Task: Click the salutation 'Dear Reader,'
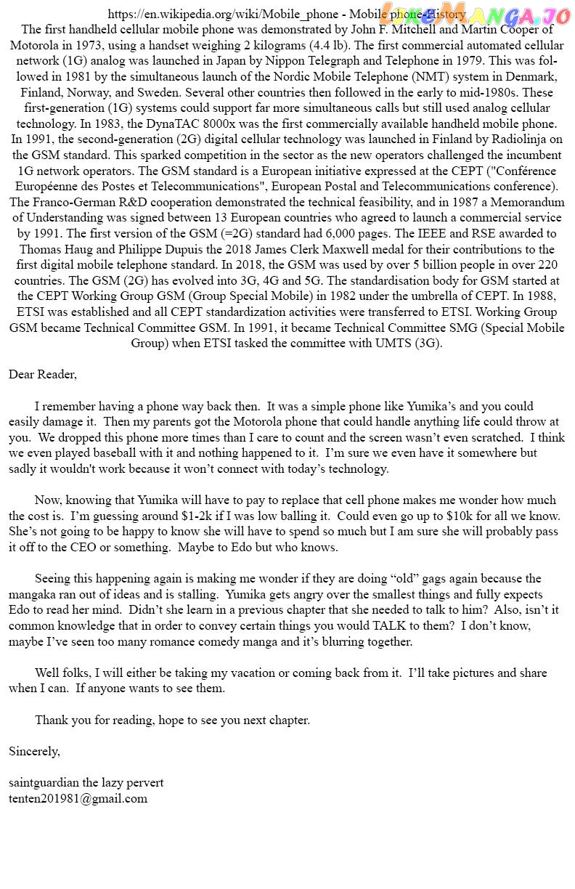43,375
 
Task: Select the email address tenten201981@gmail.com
78,798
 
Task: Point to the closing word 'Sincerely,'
34,751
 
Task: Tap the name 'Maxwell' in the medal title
352,249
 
